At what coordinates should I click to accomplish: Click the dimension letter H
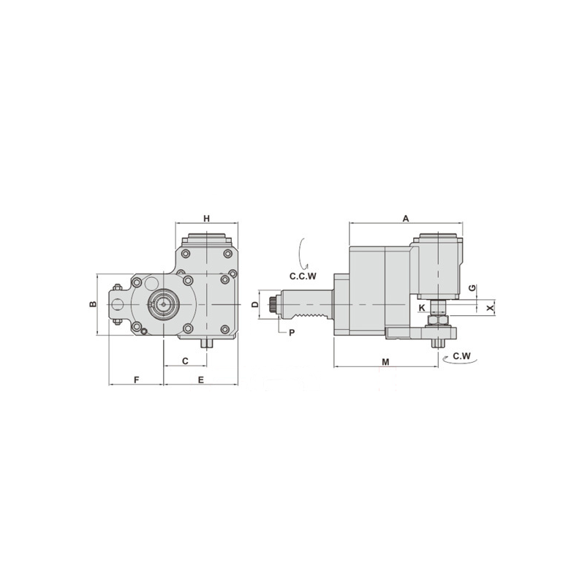point(207,218)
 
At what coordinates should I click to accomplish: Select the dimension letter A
point(406,218)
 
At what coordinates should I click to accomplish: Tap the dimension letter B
point(93,304)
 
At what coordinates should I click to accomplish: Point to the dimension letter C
point(185,361)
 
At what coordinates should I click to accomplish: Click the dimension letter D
point(254,304)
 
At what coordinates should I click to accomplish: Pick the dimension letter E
point(200,380)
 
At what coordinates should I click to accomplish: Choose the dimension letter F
point(137,380)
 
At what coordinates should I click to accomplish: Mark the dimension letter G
point(472,287)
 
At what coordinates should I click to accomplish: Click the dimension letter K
point(422,308)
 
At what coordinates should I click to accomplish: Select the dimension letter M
point(386,362)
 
